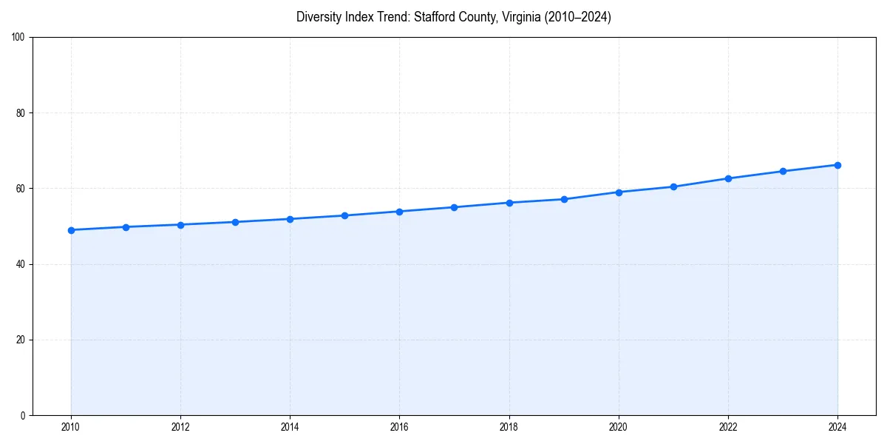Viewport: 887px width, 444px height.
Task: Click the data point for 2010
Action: coord(71,230)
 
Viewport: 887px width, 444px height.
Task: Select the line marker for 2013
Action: coord(235,222)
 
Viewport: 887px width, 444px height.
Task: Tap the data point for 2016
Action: coord(399,212)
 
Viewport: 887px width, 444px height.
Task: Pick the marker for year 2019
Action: coord(564,199)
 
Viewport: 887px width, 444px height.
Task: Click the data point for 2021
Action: coord(673,186)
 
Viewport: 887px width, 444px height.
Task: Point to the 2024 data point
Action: coord(837,165)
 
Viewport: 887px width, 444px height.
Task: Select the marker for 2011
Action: coord(126,227)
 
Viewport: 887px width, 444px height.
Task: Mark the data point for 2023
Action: coord(783,171)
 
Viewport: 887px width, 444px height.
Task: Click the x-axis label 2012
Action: coord(180,427)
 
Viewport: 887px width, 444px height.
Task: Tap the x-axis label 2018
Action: coord(509,427)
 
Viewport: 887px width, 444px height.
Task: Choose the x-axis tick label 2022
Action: coord(728,427)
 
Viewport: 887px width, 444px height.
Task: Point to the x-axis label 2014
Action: coord(290,427)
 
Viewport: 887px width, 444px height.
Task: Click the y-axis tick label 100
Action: coord(18,37)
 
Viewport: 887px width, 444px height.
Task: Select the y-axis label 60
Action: coord(21,189)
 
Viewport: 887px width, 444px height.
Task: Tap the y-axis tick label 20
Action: coord(21,340)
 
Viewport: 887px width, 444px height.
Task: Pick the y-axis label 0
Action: coord(23,415)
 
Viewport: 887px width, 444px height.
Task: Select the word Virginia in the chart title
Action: coord(519,17)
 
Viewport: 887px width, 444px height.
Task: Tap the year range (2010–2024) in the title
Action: coord(578,17)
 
